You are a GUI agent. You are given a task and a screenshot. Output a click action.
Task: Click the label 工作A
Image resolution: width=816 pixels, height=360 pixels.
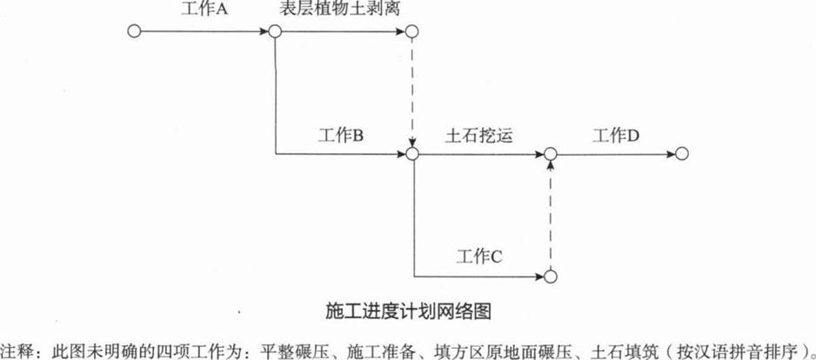204,9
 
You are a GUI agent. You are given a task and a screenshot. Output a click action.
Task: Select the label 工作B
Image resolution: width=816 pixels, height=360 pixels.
340,136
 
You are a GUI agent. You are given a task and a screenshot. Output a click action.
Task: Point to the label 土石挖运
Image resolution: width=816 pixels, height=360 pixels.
478,136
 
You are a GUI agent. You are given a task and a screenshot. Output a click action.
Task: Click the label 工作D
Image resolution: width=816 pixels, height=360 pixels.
616,136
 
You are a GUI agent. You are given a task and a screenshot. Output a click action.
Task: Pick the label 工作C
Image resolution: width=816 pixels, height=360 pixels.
478,257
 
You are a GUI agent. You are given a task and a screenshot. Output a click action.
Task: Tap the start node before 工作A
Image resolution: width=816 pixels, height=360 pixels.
134,31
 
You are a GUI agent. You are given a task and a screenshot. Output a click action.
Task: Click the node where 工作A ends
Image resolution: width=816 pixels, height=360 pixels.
275,31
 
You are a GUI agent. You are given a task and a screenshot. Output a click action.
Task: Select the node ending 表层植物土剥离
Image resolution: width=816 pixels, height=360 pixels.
411,31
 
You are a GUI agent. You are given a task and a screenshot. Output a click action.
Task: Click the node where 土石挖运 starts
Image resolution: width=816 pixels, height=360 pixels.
411,153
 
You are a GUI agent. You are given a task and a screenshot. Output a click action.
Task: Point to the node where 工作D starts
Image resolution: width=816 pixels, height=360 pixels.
551,153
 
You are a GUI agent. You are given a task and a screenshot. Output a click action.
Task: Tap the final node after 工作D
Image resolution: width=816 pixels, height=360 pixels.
682,153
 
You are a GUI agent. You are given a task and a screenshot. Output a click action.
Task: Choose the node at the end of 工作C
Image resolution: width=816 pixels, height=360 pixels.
551,277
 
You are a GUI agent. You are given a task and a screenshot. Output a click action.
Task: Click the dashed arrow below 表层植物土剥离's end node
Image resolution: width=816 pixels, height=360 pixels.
411,92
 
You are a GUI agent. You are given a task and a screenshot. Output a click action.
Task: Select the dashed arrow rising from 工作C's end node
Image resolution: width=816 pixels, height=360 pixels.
551,215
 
